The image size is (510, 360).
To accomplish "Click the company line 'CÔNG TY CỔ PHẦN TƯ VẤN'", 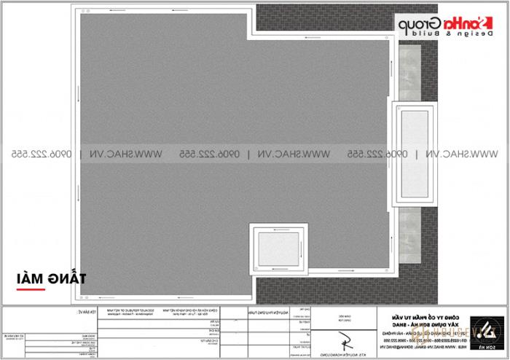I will point(412,315).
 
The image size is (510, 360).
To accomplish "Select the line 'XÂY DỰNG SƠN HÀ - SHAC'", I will point(412,321).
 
